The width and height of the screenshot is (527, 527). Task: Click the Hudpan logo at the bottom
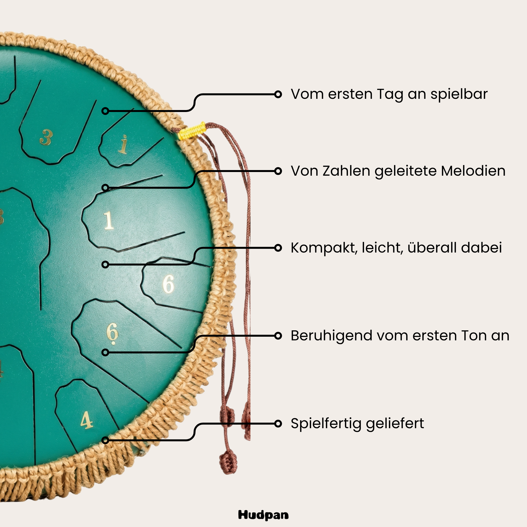(x=263, y=515)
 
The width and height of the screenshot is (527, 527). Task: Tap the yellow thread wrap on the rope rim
(x=192, y=131)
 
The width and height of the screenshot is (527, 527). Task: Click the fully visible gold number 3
(x=46, y=137)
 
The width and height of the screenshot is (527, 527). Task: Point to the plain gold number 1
(x=109, y=220)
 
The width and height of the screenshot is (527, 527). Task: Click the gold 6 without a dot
(x=168, y=284)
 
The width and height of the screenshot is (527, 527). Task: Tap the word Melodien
(x=473, y=171)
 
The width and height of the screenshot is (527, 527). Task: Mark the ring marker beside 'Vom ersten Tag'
(x=278, y=94)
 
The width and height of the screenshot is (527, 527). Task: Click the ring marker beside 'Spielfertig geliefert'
(x=278, y=424)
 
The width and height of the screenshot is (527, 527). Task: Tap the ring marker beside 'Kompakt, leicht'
(x=278, y=248)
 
